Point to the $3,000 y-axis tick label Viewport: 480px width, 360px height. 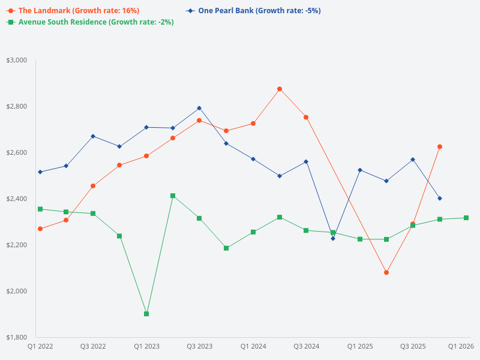coord(17,61)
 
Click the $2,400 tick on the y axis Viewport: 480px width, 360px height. coord(17,199)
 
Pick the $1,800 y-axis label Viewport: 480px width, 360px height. coord(17,337)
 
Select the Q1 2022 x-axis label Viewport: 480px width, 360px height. coord(40,347)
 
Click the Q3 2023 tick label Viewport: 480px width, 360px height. coord(199,347)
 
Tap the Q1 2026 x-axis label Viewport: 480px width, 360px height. coord(461,347)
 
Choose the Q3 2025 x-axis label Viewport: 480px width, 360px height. coord(413,347)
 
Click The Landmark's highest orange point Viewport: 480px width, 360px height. coord(280,89)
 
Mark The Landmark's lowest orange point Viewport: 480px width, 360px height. coord(386,272)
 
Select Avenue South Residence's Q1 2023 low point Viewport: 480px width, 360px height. coord(146,314)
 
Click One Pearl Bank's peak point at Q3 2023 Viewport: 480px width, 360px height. coord(199,108)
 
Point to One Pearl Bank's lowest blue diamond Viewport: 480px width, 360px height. coord(333,238)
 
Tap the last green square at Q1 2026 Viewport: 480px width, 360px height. coord(466,218)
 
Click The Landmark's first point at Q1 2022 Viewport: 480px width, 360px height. coord(40,229)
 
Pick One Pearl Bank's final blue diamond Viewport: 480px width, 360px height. coord(440,199)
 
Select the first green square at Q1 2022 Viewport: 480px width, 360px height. coord(40,209)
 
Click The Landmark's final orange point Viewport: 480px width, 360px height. coord(440,146)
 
